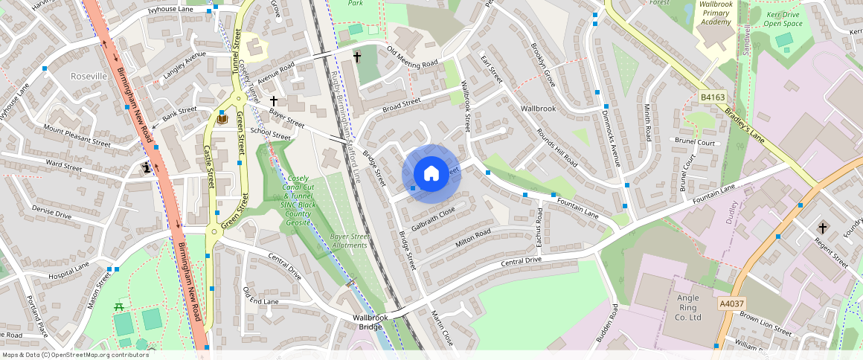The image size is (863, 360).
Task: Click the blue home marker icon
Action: (x=431, y=174)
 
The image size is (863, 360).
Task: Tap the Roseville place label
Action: (x=89, y=77)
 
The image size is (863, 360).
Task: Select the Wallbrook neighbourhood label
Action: (x=538, y=109)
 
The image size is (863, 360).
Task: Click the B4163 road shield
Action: (x=713, y=97)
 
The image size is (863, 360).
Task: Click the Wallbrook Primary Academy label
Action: (x=716, y=13)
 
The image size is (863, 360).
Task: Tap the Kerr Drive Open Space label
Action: (x=783, y=19)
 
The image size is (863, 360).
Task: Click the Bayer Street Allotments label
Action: (x=349, y=240)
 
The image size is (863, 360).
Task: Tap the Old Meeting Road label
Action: (x=412, y=58)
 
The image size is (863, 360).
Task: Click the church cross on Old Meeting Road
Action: (x=356, y=57)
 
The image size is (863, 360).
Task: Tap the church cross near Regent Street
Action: (x=823, y=227)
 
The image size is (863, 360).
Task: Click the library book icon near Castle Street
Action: (x=222, y=118)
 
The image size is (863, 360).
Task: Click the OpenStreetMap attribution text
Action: (x=75, y=355)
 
